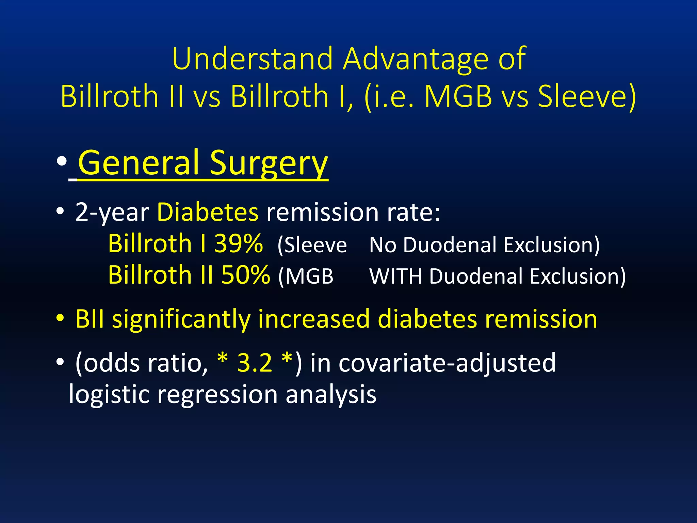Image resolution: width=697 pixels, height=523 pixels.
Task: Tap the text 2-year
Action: (112, 213)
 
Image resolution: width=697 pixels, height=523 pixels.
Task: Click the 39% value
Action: (238, 244)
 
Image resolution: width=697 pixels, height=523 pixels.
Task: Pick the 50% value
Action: (246, 275)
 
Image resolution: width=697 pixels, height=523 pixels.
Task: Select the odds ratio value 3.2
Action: (255, 362)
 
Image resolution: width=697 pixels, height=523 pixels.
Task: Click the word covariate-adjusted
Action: (447, 363)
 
